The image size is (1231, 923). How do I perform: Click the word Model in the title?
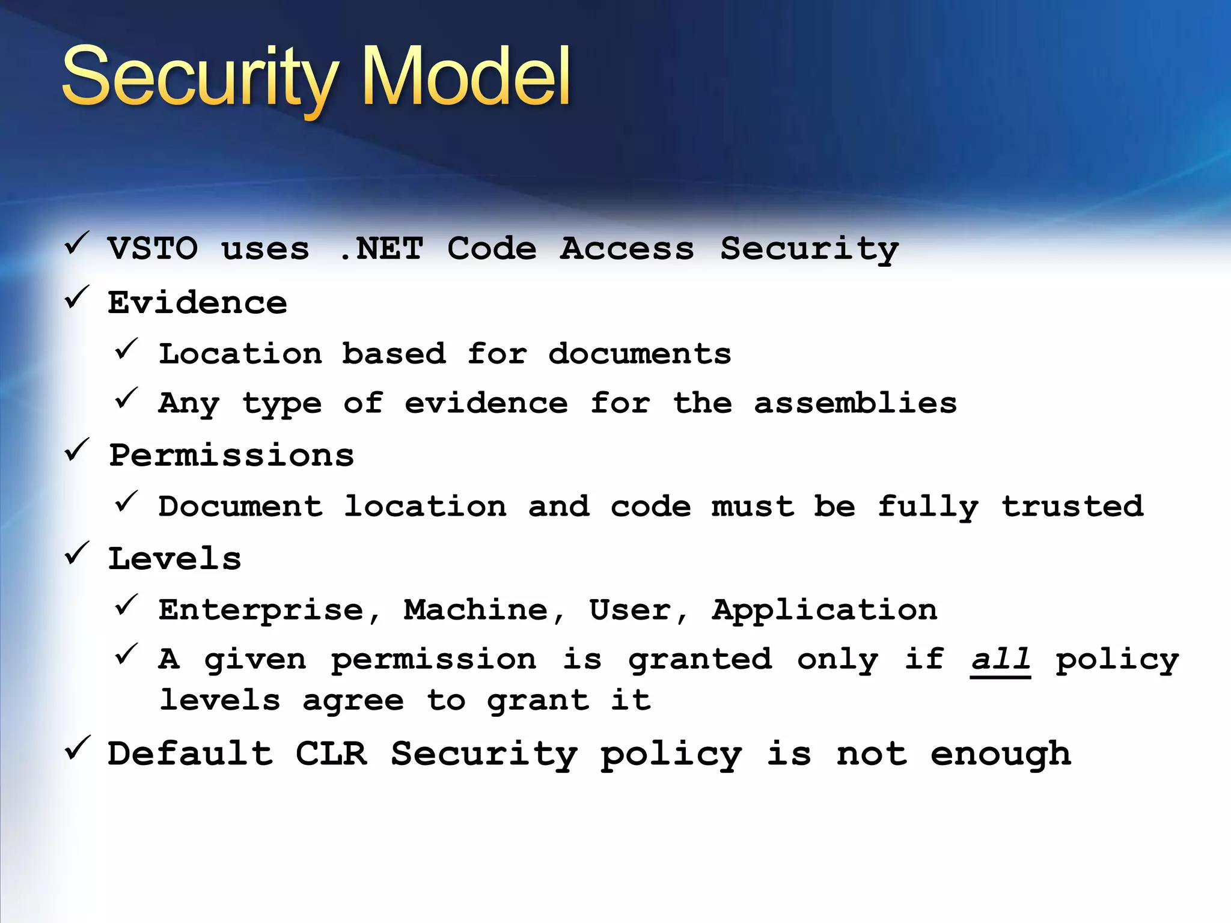[x=466, y=77]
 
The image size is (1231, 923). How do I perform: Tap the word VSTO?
[x=153, y=249]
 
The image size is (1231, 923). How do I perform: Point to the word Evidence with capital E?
[x=197, y=302]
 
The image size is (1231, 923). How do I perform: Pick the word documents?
[x=640, y=353]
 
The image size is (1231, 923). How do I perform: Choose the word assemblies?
[x=855, y=403]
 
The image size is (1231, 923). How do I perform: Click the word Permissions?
[x=231, y=455]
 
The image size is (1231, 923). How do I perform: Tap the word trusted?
[x=1072, y=506]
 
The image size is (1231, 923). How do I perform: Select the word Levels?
[x=175, y=559]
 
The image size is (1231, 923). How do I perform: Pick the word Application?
[x=825, y=611]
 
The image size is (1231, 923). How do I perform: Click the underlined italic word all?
[x=1000, y=659]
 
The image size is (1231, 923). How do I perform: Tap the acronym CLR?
[x=331, y=754]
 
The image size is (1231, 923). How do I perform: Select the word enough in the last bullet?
[x=1001, y=755]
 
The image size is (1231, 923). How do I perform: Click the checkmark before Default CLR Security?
[x=77, y=748]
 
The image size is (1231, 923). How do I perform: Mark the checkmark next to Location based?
[x=126, y=349]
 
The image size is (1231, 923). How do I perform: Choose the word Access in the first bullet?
[x=627, y=249]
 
